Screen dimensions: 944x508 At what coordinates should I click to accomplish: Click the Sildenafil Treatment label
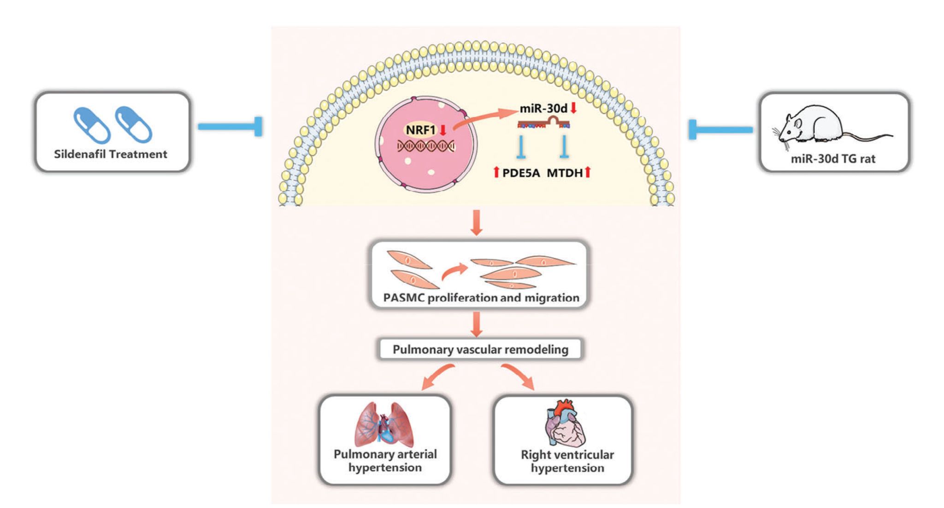[111, 154]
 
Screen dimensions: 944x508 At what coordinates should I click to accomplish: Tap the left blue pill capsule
[92, 125]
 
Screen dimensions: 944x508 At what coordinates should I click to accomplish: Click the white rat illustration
[832, 126]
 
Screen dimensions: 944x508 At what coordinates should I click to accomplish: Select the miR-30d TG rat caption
[833, 159]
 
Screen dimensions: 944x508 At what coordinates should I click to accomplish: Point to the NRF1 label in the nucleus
[420, 130]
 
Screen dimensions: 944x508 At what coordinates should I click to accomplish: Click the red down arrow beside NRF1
[443, 130]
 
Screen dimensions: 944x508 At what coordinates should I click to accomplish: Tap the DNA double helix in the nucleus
[426, 146]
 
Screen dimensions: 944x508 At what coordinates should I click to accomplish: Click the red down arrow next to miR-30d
[573, 108]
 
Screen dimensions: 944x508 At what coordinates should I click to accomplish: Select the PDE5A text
[521, 173]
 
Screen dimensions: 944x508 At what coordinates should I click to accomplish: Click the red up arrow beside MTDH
[588, 173]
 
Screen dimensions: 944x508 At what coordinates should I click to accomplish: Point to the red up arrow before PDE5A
[496, 173]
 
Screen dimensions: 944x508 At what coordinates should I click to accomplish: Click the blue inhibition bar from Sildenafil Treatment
[230, 127]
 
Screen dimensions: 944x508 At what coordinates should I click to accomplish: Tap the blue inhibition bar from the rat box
[721, 129]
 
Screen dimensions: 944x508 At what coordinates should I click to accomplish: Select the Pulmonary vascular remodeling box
[480, 350]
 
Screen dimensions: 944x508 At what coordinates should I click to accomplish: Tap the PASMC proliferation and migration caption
[481, 298]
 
